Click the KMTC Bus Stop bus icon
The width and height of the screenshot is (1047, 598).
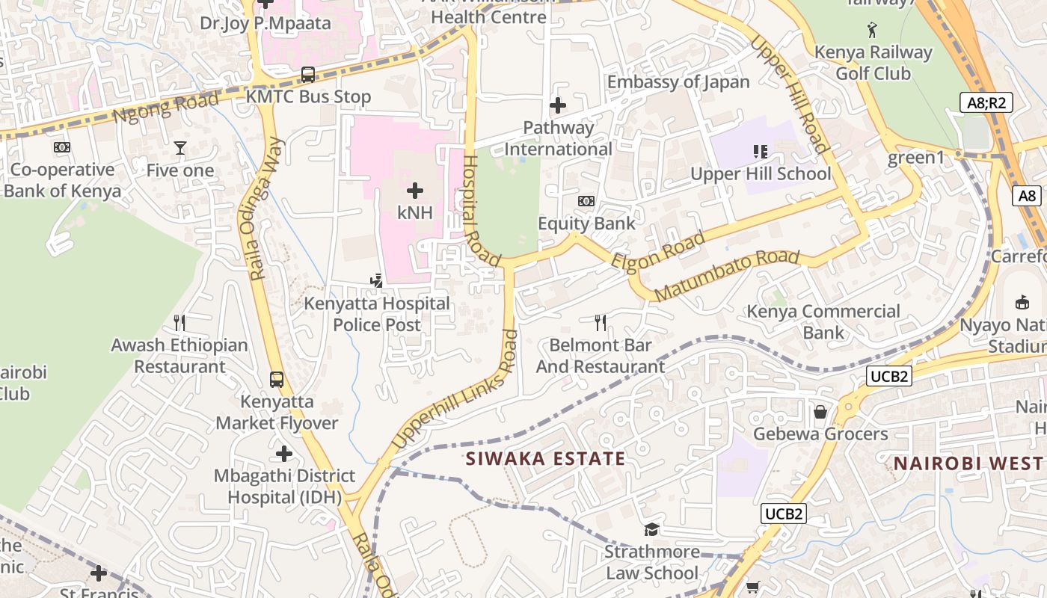(308, 75)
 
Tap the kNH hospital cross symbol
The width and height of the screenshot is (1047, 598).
(415, 191)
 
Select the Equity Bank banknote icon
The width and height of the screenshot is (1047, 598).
(586, 201)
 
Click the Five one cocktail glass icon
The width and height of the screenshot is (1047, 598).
(179, 148)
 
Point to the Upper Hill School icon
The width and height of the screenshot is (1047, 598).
(761, 152)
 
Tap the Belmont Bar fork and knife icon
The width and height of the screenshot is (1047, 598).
(600, 323)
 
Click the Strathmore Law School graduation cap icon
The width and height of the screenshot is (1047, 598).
(652, 530)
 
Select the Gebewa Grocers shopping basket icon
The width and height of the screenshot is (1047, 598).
(820, 412)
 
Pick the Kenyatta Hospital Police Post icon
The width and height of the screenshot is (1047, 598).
(377, 281)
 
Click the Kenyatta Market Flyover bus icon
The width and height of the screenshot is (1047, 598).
(277, 379)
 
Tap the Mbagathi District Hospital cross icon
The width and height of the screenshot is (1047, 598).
(284, 454)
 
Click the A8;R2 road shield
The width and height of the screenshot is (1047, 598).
(986, 102)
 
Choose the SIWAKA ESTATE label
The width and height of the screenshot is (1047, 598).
(545, 458)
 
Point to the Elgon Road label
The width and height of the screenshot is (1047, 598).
(658, 251)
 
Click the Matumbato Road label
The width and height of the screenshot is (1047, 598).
(727, 275)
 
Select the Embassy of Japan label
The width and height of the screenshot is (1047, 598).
(678, 82)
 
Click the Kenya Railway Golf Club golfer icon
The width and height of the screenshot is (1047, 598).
(872, 31)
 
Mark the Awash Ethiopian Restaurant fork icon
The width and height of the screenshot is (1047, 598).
(179, 323)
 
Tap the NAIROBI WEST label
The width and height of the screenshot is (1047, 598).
(969, 463)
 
